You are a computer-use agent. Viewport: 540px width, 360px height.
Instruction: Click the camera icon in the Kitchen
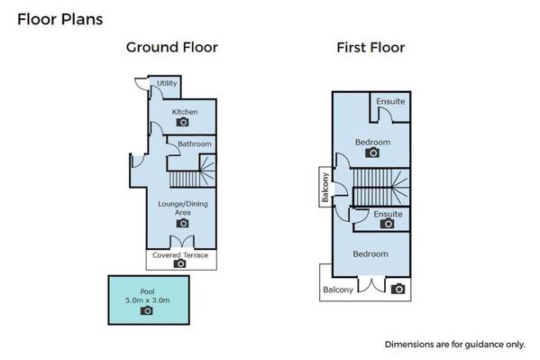click(182, 122)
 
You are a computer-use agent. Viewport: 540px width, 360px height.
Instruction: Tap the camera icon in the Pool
click(147, 310)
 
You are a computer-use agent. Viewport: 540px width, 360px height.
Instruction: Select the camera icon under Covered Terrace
click(179, 263)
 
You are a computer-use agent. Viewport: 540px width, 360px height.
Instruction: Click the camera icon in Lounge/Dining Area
click(182, 224)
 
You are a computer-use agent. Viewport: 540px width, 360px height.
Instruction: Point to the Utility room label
click(167, 83)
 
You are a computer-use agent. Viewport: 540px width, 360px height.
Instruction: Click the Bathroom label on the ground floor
click(195, 143)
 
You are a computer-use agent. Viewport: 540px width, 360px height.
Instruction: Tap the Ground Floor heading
click(172, 47)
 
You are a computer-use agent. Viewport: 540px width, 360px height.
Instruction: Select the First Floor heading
click(371, 48)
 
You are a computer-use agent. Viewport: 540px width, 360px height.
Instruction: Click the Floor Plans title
click(59, 19)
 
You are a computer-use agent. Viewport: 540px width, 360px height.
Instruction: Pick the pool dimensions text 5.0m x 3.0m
click(148, 300)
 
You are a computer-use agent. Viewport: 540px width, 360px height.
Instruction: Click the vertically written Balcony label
click(325, 188)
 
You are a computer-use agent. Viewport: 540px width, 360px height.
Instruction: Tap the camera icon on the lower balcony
click(398, 289)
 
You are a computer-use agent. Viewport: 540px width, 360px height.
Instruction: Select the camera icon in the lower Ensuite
click(387, 224)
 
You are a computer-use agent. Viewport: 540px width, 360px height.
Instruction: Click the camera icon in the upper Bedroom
click(372, 152)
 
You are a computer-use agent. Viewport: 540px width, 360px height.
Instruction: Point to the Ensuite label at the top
click(390, 101)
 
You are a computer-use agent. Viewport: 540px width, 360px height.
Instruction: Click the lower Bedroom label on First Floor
click(371, 254)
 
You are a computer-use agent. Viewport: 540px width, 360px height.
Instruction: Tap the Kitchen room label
click(185, 112)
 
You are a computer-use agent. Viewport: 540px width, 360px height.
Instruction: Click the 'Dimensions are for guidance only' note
click(455, 345)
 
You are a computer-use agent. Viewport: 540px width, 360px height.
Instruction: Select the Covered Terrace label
click(180, 255)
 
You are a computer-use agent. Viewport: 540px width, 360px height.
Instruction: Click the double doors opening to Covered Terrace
click(182, 242)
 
